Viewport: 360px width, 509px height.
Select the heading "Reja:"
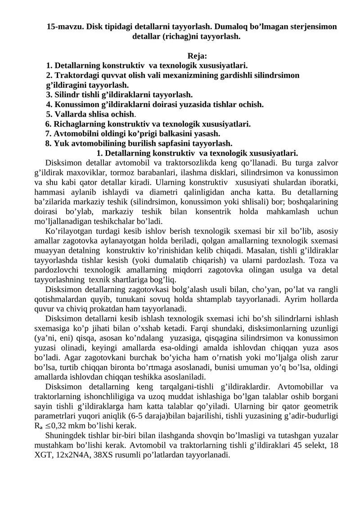[x=197, y=56]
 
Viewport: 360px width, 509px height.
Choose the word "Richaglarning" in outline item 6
[x=76, y=124]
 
